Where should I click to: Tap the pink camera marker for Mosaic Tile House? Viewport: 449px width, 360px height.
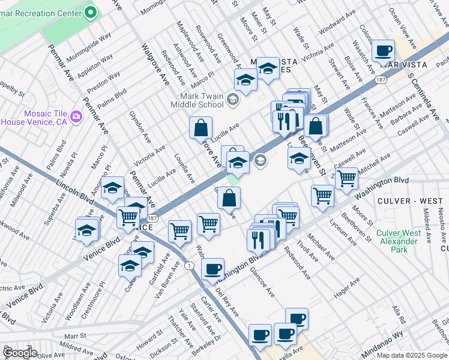tap(76, 116)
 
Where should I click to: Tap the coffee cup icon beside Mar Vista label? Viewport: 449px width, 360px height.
tap(382, 50)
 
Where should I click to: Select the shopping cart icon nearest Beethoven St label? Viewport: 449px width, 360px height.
tap(346, 178)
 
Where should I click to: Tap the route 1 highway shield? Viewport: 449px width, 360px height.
tap(190, 265)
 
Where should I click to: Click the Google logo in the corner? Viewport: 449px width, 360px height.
tap(20, 352)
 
